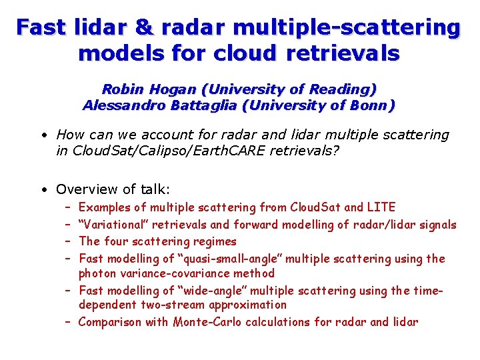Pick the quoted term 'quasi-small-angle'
pyautogui.click(x=220, y=258)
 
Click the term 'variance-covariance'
pyautogui.click(x=166, y=273)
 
